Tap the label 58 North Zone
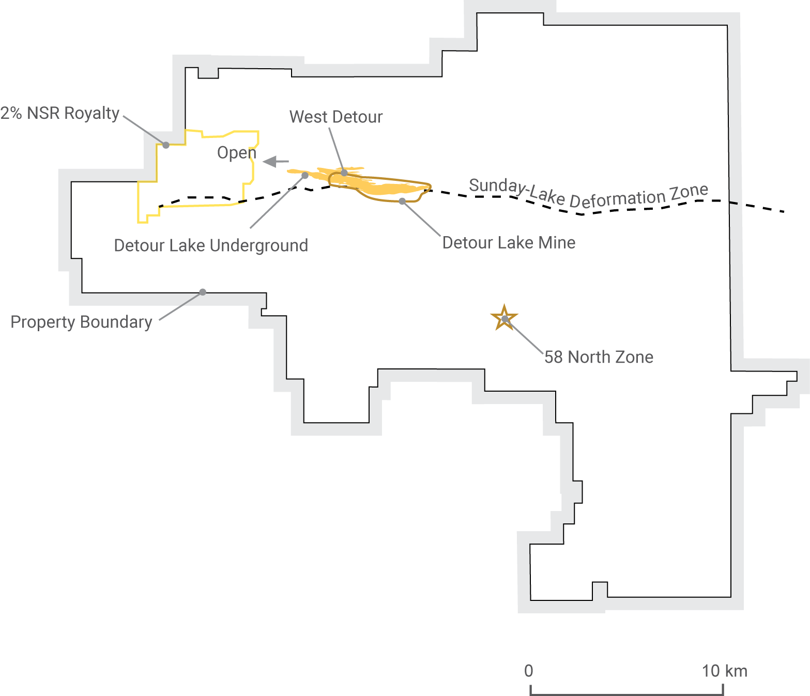pyautogui.click(x=599, y=357)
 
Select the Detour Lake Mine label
pyautogui.click(x=509, y=242)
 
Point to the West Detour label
pyautogui.click(x=336, y=117)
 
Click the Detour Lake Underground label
pyautogui.click(x=211, y=245)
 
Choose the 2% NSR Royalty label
pyautogui.click(x=59, y=113)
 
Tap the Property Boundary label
pyautogui.click(x=82, y=322)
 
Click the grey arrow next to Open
pyautogui.click(x=276, y=161)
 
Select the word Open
pyautogui.click(x=237, y=153)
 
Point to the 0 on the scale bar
pyautogui.click(x=529, y=671)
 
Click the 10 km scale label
pyautogui.click(x=725, y=671)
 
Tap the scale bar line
pyautogui.click(x=626, y=694)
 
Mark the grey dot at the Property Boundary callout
pyautogui.click(x=203, y=292)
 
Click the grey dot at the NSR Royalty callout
pyautogui.click(x=166, y=145)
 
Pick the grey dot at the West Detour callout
pyautogui.click(x=344, y=173)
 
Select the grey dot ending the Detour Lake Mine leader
pyautogui.click(x=402, y=202)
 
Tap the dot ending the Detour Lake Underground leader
pyautogui.click(x=305, y=176)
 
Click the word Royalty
pyautogui.click(x=91, y=114)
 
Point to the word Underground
pyautogui.click(x=259, y=246)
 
